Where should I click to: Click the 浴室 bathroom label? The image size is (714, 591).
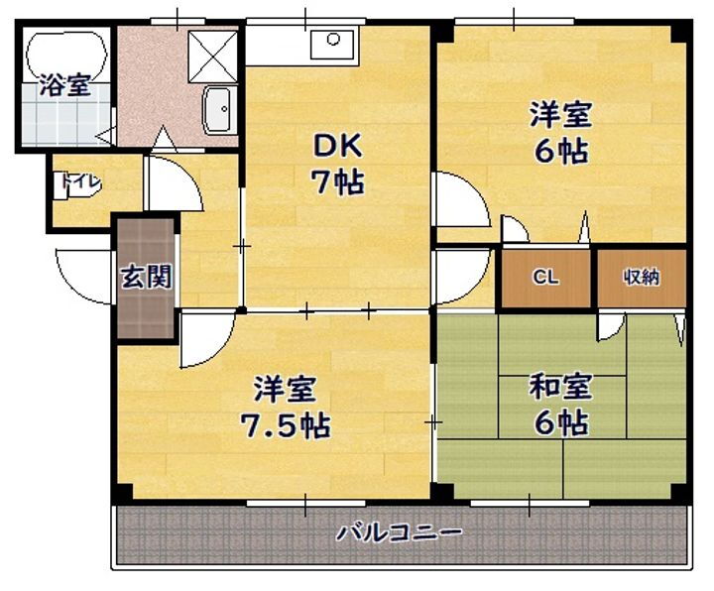63,85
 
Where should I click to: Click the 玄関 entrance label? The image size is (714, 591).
147,277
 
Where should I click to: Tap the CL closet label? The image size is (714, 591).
545,277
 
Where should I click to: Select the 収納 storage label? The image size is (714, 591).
641,277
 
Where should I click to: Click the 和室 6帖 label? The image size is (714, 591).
560,405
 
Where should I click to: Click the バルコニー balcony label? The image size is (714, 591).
399,533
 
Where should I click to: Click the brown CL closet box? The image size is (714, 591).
546,278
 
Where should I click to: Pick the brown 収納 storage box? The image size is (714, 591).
641,278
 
